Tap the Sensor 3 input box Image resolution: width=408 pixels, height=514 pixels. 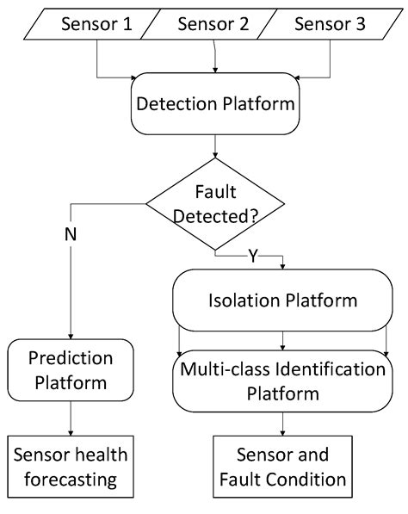coord(330,24)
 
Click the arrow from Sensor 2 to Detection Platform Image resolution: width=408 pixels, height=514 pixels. coord(215,60)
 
